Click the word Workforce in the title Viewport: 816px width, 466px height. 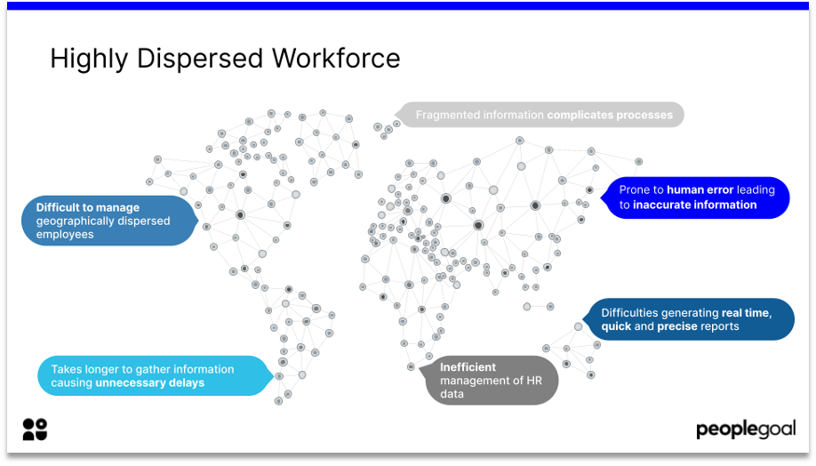(336, 59)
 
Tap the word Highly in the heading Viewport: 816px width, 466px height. (84, 59)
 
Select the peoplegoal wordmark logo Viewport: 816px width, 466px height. (744, 430)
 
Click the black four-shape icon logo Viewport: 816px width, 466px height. (35, 429)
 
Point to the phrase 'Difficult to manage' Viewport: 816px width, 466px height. (76, 207)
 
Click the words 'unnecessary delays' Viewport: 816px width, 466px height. (149, 383)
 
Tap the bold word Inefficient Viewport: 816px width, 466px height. (468, 366)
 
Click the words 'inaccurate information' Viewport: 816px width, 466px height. (694, 205)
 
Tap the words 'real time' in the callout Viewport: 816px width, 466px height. (746, 313)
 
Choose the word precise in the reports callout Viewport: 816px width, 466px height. (677, 326)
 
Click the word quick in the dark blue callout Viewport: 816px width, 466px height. (616, 326)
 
